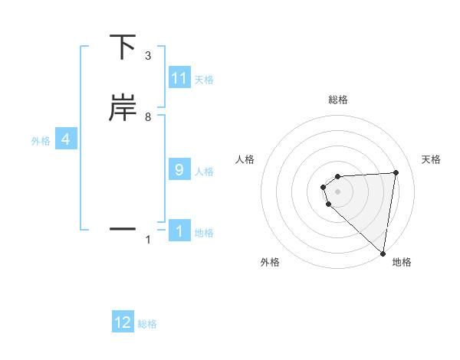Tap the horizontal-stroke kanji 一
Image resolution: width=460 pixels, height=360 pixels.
point(123,228)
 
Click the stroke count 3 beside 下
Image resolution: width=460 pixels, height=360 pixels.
point(148,56)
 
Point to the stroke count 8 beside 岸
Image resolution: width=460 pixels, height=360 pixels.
point(148,117)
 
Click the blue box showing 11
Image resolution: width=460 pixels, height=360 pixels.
point(179,78)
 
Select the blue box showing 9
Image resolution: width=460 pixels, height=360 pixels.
point(179,170)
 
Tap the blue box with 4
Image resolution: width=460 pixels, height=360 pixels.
point(66,139)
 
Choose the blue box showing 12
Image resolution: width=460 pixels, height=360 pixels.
point(123,322)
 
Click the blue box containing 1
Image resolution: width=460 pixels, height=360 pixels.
point(179,231)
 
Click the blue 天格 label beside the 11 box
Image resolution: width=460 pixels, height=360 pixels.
point(204,80)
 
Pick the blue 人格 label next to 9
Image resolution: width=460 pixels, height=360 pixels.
point(204,172)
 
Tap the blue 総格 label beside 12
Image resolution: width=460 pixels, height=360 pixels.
point(147,324)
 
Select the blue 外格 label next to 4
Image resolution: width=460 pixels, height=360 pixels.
point(41,141)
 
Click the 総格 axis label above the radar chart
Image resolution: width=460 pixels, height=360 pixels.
point(338,100)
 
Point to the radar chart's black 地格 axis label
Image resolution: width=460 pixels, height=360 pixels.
point(402,262)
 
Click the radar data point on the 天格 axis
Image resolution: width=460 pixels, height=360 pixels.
point(396,172)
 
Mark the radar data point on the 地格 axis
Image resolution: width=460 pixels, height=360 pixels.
point(383,254)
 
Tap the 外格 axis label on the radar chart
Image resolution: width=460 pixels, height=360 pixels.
point(270,262)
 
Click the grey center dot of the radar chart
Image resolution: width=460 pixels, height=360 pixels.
point(338,191)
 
